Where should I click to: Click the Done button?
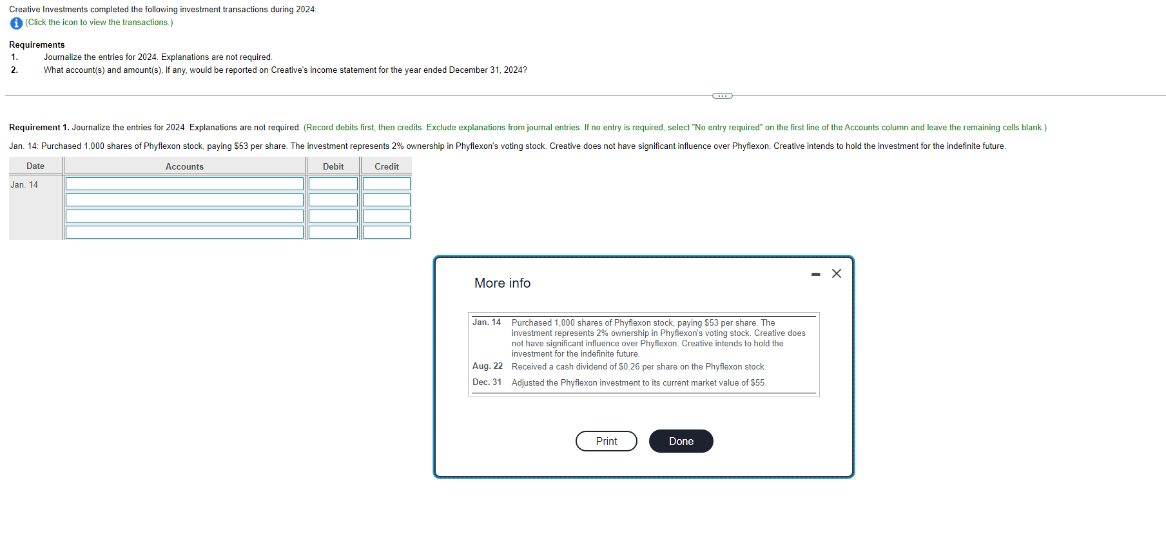click(x=681, y=441)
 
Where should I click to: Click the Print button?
click(x=606, y=441)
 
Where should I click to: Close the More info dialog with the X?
click(x=836, y=273)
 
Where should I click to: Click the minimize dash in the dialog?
click(x=815, y=275)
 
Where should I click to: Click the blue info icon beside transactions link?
click(x=17, y=23)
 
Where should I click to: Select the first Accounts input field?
click(x=184, y=184)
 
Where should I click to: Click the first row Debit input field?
click(x=333, y=184)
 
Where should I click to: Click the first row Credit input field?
click(x=386, y=184)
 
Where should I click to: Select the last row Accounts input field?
click(x=184, y=232)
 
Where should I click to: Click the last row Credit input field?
click(x=386, y=232)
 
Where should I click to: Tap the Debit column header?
click(x=333, y=166)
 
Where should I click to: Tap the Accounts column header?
click(x=184, y=166)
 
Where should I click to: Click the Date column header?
click(x=35, y=166)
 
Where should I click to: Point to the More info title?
click(x=502, y=283)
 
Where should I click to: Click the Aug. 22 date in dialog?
click(x=487, y=366)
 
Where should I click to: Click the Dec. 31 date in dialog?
click(x=487, y=382)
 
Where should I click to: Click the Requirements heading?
click(x=37, y=44)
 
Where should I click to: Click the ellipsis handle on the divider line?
click(x=722, y=96)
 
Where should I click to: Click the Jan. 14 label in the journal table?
click(x=24, y=185)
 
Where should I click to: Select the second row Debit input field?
click(x=333, y=200)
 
